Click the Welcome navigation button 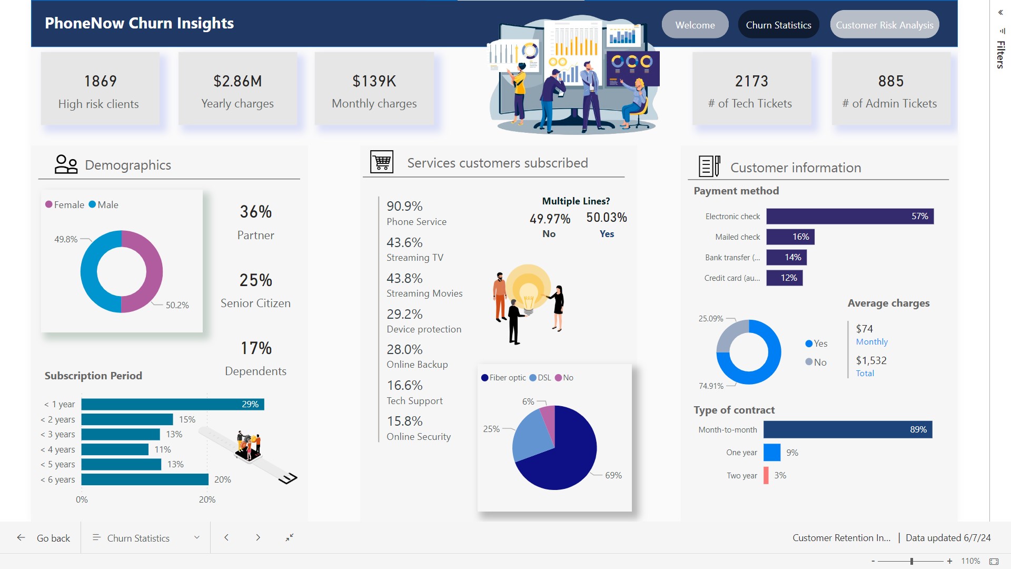click(695, 25)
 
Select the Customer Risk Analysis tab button click(884, 25)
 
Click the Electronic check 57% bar click(849, 217)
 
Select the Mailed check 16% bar click(790, 237)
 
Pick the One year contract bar click(771, 453)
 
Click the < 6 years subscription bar click(145, 479)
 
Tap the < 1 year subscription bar click(172, 404)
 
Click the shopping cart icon click(382, 162)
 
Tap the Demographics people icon click(66, 164)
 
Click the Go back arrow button click(21, 537)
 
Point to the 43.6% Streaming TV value click(404, 242)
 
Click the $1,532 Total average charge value click(871, 360)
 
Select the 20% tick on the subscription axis click(207, 499)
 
